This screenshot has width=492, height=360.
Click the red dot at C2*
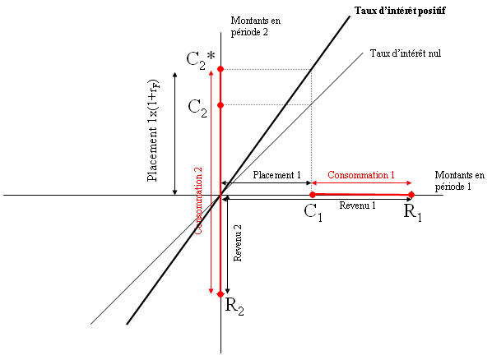[x=220, y=69]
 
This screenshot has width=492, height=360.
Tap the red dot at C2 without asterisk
[x=220, y=105]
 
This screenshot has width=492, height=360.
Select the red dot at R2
[x=220, y=293]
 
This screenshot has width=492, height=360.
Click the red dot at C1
[x=312, y=195]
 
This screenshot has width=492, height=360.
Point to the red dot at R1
[x=411, y=195]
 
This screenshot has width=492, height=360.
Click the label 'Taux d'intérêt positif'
[x=400, y=11]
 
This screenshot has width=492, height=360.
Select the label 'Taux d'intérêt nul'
[x=406, y=53]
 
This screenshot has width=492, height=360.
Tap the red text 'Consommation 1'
[x=361, y=175]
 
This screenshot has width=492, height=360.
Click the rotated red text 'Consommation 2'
[x=198, y=201]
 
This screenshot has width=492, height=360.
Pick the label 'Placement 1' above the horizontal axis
[x=276, y=175]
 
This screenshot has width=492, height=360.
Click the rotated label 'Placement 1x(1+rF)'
[x=153, y=131]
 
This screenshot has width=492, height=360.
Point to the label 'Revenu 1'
[x=357, y=205]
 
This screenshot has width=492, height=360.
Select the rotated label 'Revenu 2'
[x=238, y=243]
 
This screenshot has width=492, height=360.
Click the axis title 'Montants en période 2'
[x=256, y=26]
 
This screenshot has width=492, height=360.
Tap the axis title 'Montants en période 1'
[x=460, y=181]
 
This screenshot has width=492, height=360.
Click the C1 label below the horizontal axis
[x=313, y=213]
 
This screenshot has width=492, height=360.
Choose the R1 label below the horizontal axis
[x=413, y=213]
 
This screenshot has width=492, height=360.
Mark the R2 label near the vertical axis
[x=234, y=306]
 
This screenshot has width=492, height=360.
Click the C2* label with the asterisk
[x=201, y=60]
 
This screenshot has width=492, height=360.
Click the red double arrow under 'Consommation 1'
[x=361, y=182]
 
